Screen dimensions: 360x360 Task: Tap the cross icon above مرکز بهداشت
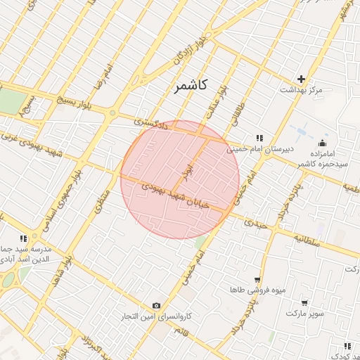(302, 79)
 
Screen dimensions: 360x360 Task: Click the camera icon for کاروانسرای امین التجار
(156, 306)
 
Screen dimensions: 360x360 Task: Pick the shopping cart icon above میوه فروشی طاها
(257, 278)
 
